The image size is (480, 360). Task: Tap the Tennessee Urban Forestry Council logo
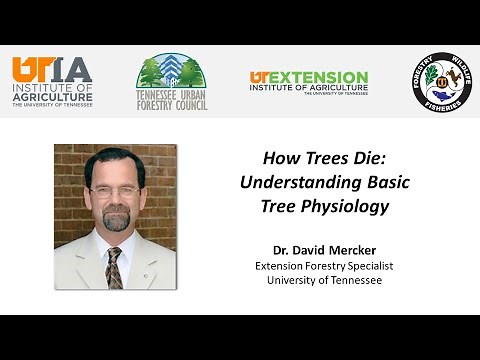(171, 82)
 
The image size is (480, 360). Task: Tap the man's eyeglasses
(114, 190)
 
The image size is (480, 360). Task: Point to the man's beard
(116, 219)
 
